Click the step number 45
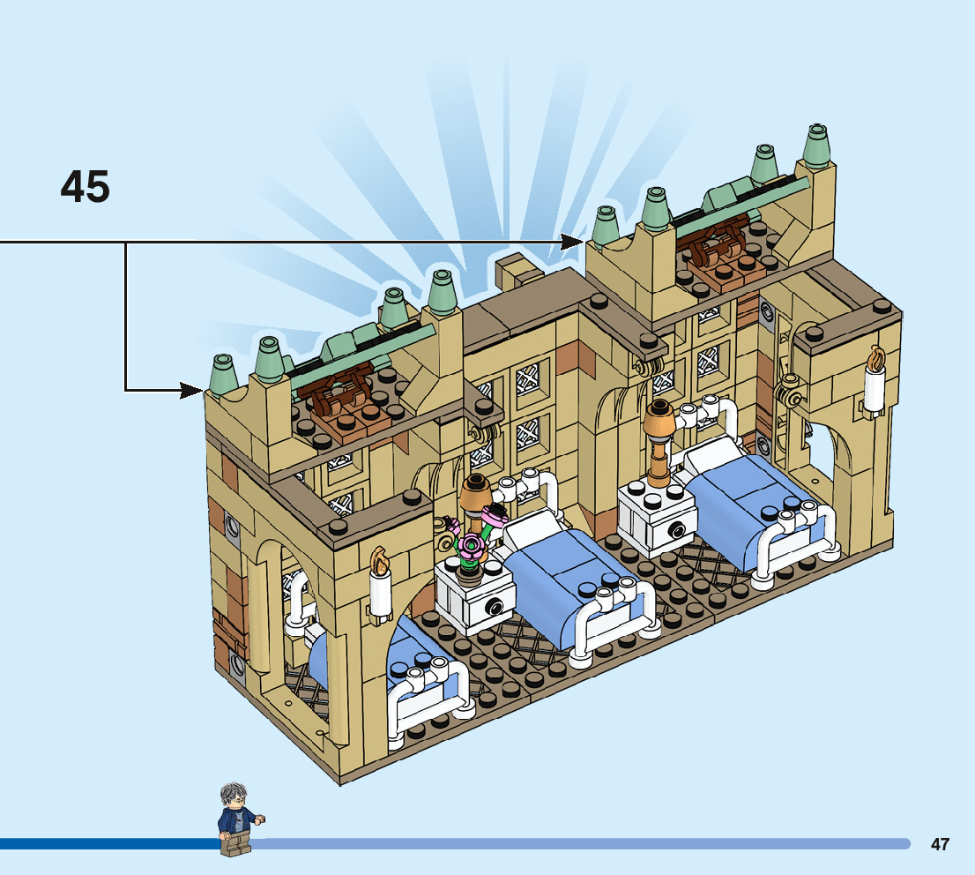pyautogui.click(x=86, y=187)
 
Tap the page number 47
pyautogui.click(x=940, y=844)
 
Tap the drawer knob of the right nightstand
pyautogui.click(x=677, y=529)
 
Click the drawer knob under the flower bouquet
pyautogui.click(x=495, y=607)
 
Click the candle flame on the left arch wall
pyautogui.click(x=380, y=559)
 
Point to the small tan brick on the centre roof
pyautogui.click(x=511, y=272)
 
